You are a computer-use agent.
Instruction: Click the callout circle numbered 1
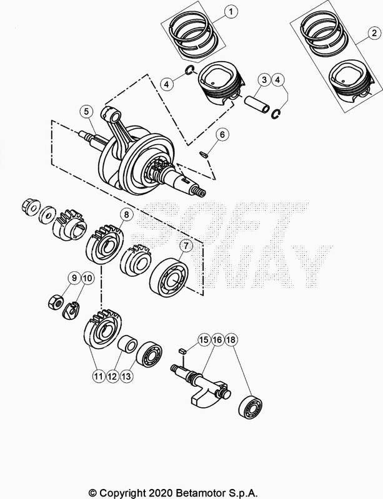(231, 12)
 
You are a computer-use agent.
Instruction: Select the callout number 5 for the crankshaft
(86, 112)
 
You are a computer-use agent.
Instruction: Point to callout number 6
(222, 135)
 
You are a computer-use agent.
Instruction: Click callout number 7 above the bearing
(186, 246)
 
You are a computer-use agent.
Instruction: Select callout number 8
(127, 215)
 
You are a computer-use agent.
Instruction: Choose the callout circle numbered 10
(87, 278)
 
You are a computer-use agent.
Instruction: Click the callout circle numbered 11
(99, 377)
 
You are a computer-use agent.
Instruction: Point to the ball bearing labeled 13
(149, 354)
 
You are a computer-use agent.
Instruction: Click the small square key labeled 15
(182, 351)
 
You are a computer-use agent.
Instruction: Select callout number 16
(217, 340)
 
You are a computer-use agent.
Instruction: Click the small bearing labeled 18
(251, 407)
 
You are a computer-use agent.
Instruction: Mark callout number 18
(231, 340)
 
